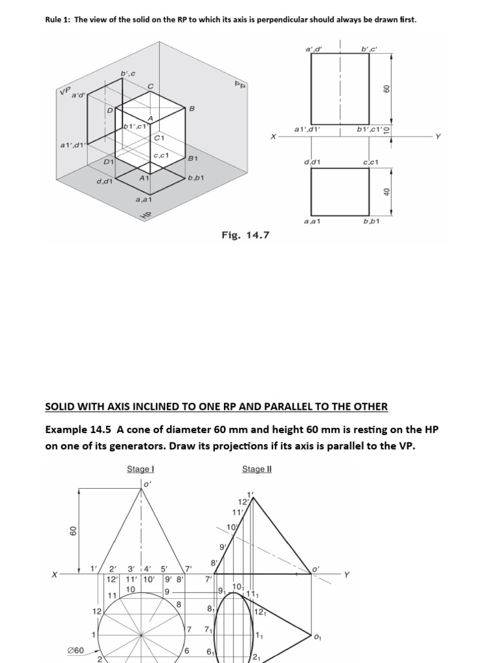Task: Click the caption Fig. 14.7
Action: click(x=245, y=236)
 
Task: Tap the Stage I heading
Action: click(x=140, y=469)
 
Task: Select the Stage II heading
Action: click(x=256, y=469)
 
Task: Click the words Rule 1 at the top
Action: click(x=58, y=20)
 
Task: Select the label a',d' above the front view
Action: click(x=313, y=49)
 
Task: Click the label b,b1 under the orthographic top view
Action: click(x=371, y=221)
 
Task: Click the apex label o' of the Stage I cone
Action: click(x=147, y=483)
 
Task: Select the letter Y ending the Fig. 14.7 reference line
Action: click(x=437, y=137)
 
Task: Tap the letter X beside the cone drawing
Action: click(x=55, y=574)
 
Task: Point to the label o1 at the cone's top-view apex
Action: click(x=316, y=637)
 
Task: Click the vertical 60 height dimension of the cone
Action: click(x=73, y=530)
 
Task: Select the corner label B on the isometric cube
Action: click(x=192, y=109)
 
